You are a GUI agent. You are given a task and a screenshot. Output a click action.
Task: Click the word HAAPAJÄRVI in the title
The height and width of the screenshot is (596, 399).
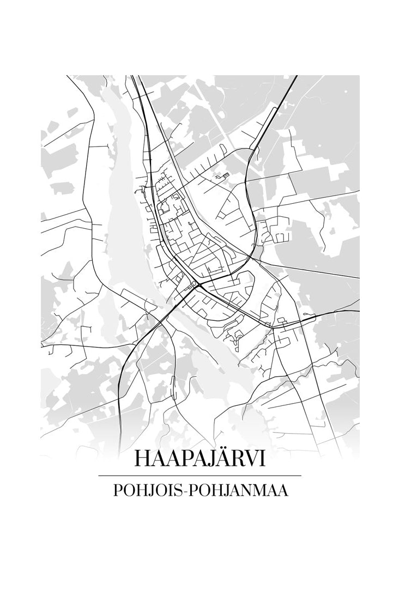pyautogui.click(x=199, y=459)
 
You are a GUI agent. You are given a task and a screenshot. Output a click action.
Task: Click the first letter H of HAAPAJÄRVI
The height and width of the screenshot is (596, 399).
pyautogui.click(x=141, y=459)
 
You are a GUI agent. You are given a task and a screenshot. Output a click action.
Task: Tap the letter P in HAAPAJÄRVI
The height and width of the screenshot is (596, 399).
pyautogui.click(x=180, y=459)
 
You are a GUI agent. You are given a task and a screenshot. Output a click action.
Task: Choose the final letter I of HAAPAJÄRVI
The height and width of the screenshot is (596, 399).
pyautogui.click(x=262, y=459)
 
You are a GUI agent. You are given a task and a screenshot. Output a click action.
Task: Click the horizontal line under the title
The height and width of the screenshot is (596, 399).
pyautogui.click(x=199, y=476)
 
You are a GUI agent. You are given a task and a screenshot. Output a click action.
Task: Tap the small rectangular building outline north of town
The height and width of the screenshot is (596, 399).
pyautogui.click(x=222, y=175)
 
